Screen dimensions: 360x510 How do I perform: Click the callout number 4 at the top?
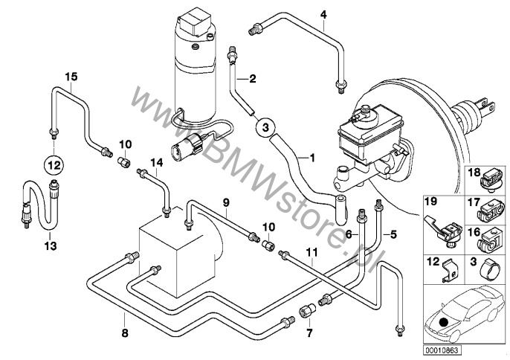tap(323, 15)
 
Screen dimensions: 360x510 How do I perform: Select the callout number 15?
tap(71, 77)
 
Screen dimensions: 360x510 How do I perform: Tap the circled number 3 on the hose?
tap(265, 128)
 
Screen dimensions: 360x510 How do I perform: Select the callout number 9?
tap(227, 202)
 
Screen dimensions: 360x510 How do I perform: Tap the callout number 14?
tap(156, 162)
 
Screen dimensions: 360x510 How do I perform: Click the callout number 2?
tap(253, 78)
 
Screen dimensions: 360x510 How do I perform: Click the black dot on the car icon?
tap(442, 321)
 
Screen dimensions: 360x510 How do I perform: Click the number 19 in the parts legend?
tap(430, 202)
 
